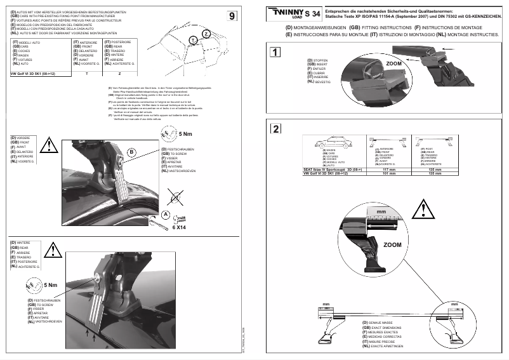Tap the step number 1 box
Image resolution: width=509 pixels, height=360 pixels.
coord(275,53)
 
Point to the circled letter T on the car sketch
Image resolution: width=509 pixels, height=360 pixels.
coord(192,41)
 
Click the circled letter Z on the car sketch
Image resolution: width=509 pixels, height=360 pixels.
coord(206,32)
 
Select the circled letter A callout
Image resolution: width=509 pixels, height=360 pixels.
coord(165,215)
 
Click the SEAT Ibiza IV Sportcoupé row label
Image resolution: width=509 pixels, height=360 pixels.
coord(330,170)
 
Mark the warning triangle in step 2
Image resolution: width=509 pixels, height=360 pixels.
coord(424,207)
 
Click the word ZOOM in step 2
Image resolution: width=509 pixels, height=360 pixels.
coord(393,243)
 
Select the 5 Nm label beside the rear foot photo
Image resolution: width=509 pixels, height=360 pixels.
coord(50,286)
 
